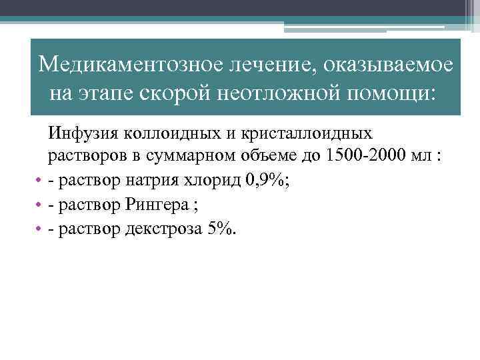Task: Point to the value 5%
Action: click(x=221, y=229)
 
